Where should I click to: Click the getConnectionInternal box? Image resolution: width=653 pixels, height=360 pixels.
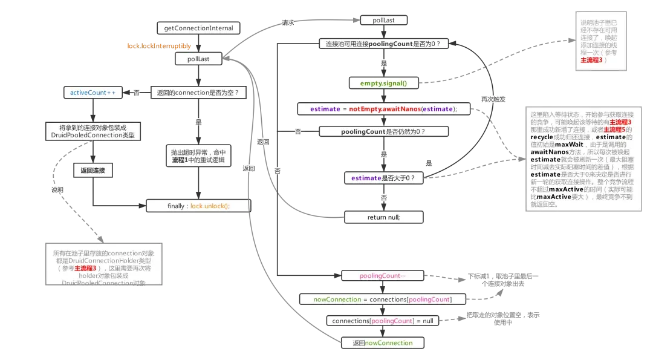click(x=198, y=28)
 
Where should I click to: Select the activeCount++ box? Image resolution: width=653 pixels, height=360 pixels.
click(x=93, y=93)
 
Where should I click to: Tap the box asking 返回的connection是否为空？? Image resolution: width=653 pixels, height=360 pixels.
click(x=198, y=93)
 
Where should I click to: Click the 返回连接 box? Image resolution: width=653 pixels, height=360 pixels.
click(x=93, y=171)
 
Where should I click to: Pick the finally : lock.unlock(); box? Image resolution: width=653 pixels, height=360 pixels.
click(x=198, y=206)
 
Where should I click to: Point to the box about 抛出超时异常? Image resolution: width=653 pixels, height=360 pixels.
click(x=198, y=155)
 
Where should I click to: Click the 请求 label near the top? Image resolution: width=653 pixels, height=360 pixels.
click(x=288, y=22)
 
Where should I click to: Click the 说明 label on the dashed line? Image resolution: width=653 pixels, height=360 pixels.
click(x=57, y=189)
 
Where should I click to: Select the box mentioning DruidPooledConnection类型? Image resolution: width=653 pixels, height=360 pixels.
click(x=93, y=131)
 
